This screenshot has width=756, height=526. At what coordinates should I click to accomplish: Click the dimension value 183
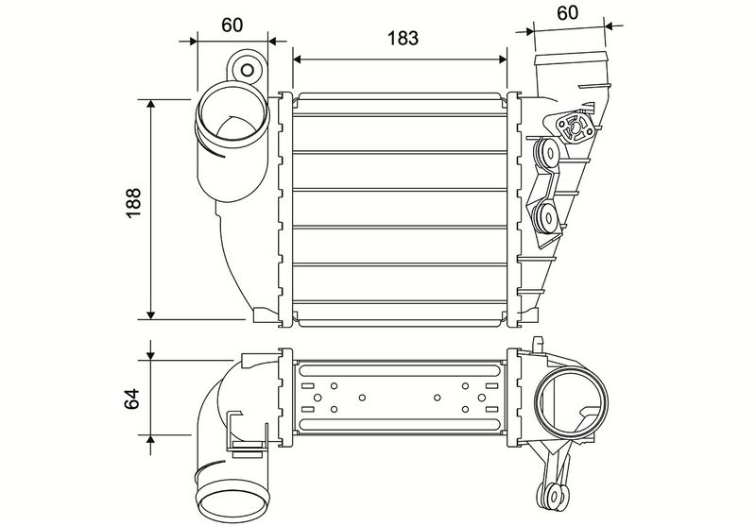click(x=403, y=38)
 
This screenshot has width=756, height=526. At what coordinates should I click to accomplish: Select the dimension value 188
click(x=133, y=203)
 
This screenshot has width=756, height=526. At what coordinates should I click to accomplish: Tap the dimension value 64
click(x=131, y=399)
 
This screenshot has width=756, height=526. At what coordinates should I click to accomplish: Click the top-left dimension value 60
click(x=232, y=25)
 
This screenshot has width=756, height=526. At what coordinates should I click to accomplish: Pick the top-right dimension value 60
click(x=568, y=12)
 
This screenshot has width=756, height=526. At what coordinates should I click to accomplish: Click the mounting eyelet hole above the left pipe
click(x=248, y=70)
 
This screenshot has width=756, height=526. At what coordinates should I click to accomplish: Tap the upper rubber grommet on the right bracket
click(x=546, y=153)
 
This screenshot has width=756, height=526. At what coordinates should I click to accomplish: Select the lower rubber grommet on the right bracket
click(x=546, y=218)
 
